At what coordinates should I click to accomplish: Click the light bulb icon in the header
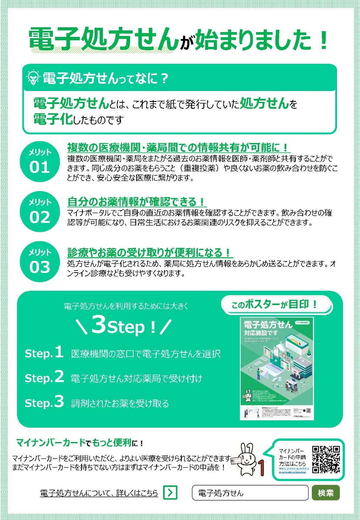(33, 78)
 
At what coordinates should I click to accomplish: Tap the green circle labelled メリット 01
(39, 161)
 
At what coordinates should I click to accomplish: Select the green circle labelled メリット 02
(39, 211)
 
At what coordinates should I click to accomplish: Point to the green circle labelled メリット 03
(39, 261)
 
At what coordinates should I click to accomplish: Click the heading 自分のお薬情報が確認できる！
(137, 202)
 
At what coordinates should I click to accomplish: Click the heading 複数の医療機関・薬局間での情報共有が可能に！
(178, 147)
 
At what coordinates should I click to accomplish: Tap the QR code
(326, 460)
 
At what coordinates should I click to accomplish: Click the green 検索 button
(326, 493)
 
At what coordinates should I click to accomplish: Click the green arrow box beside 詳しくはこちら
(170, 493)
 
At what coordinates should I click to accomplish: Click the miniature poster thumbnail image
(277, 368)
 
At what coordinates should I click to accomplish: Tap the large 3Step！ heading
(123, 326)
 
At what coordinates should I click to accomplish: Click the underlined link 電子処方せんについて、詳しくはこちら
(99, 493)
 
